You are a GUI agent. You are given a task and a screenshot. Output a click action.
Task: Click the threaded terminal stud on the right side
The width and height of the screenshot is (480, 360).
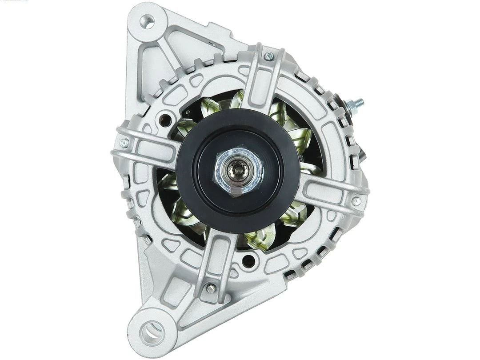[358, 104]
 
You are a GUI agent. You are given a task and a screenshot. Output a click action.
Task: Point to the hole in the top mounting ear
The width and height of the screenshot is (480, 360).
[147, 20]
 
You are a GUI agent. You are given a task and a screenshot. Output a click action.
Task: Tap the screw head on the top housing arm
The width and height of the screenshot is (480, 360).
[268, 56]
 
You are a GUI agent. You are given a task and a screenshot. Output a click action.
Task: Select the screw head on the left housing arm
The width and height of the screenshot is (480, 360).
[124, 143]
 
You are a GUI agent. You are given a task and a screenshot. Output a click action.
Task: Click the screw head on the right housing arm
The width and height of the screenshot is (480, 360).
[356, 201]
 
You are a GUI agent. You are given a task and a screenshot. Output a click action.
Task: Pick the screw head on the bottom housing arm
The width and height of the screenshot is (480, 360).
[211, 288]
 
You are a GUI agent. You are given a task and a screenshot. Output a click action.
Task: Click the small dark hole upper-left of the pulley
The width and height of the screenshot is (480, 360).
[166, 119]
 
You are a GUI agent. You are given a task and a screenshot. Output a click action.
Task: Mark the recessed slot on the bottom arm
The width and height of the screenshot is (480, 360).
[216, 262]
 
